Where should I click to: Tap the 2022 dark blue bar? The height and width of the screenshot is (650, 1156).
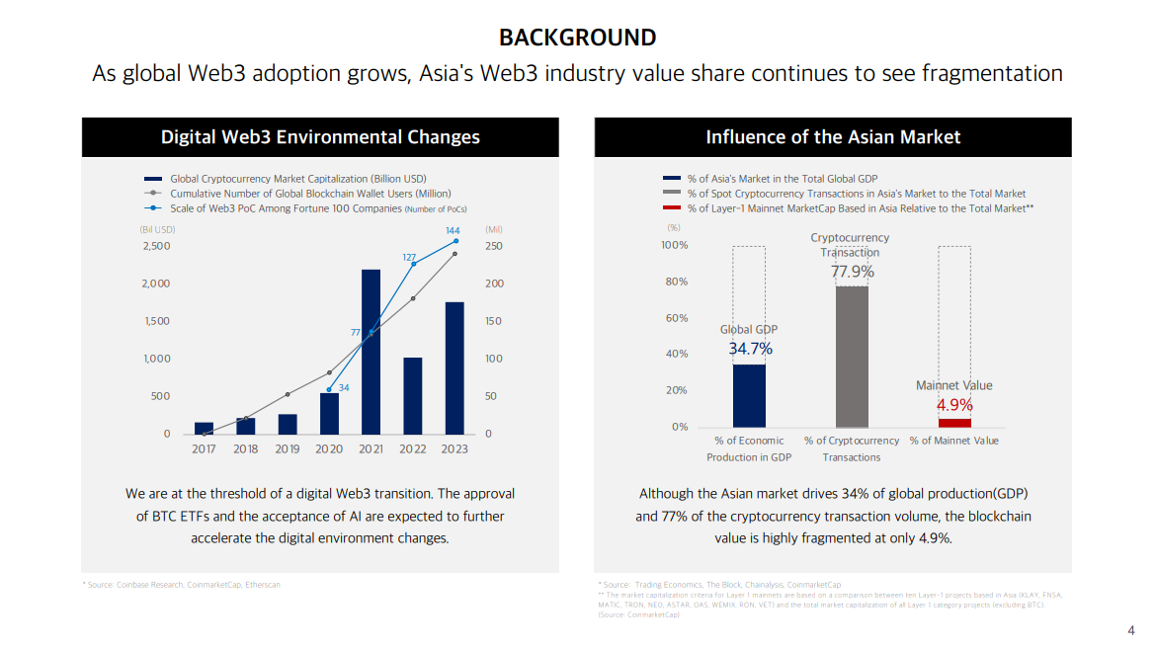pos(413,396)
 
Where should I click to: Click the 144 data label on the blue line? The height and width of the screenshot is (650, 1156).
pos(453,230)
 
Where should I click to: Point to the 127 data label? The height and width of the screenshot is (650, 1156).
pos(409,257)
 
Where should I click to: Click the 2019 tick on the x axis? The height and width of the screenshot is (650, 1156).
pos(288,449)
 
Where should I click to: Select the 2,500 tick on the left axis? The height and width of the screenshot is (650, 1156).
pos(154,246)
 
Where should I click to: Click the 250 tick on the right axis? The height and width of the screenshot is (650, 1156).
pos(493,246)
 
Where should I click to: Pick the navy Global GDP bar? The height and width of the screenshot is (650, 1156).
pos(749,396)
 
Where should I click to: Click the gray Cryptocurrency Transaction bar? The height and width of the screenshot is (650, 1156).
pos(852,357)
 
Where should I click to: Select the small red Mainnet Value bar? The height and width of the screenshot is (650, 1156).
pos(954,423)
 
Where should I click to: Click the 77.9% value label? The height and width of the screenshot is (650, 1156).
pos(852,272)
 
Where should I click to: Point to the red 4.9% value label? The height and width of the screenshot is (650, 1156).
pos(954,405)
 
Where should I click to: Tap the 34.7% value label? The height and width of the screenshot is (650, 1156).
pos(750,349)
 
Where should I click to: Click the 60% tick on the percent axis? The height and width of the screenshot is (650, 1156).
pos(675,318)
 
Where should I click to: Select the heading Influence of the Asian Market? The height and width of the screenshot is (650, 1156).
pos(833,137)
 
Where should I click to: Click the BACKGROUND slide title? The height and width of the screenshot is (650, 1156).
pos(577,38)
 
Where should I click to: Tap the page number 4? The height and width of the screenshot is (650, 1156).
pos(1131,630)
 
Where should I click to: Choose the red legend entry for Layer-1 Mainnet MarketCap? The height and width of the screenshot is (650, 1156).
pos(860,208)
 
